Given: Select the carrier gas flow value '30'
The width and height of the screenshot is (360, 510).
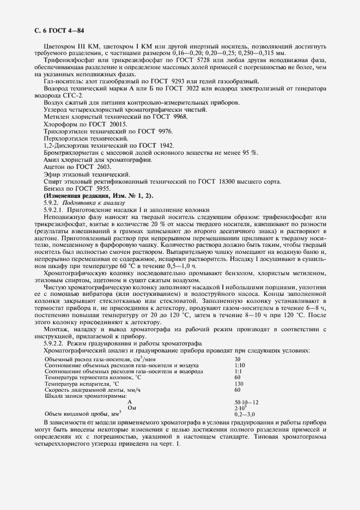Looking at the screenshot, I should click(237, 359).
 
